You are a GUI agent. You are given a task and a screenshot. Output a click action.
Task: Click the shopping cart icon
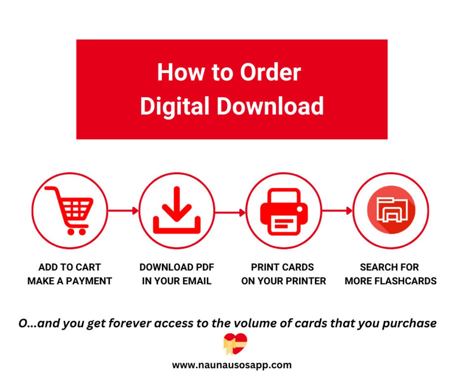coord(70,210)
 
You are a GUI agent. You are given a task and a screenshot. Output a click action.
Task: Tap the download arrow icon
coord(176,210)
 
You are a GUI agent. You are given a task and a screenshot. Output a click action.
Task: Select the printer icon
coord(284,211)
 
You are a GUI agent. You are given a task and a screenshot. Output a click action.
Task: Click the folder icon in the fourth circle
coord(390,210)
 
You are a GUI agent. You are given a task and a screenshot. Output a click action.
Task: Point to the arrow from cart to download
coord(123,211)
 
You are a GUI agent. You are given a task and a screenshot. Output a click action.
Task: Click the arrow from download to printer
coord(230,212)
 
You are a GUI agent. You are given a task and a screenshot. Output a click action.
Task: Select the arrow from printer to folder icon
coord(337,211)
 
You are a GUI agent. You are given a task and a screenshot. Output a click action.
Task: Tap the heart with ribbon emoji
coord(235,344)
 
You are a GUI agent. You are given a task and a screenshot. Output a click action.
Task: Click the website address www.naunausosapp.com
coord(232,365)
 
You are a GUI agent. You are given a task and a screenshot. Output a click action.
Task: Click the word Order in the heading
coord(270,72)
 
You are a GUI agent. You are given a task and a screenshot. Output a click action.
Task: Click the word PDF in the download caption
coord(205,267)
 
